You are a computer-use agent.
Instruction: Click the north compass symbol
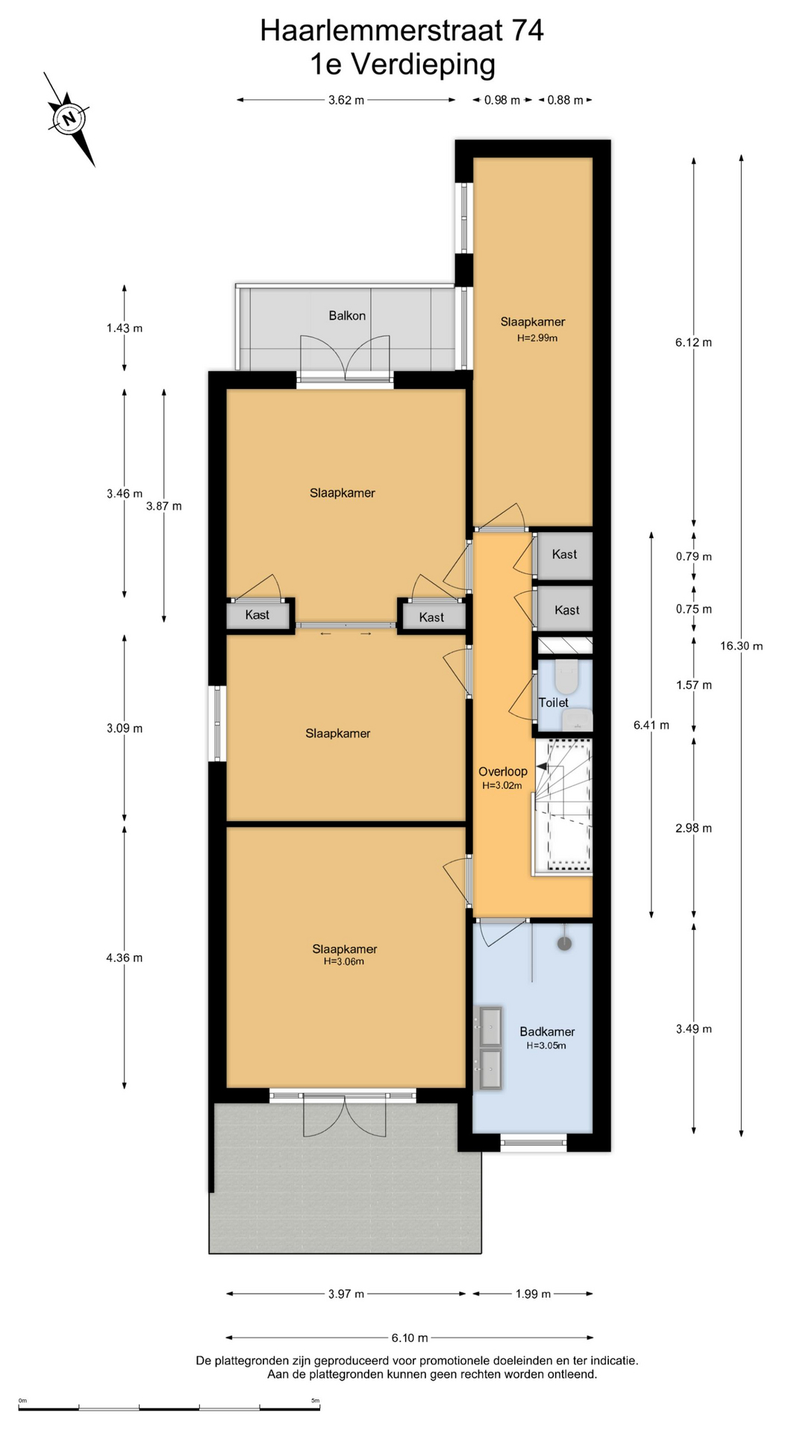tap(69, 118)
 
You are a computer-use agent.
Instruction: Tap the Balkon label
tap(347, 316)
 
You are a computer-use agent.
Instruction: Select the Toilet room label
tap(554, 702)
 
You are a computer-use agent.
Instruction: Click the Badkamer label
tap(547, 1031)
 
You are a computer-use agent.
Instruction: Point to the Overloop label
tap(503, 772)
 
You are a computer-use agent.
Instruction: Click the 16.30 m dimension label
tap(741, 646)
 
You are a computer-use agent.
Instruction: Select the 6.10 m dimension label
tap(410, 1337)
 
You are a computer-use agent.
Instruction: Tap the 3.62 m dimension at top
tap(346, 100)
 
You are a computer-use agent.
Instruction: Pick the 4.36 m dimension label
tap(125, 958)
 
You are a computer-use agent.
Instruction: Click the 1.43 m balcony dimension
tap(125, 328)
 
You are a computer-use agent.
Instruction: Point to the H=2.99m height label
tap(537, 338)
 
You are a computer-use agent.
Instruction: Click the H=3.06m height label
tap(344, 962)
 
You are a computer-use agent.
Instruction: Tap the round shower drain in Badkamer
tap(565, 943)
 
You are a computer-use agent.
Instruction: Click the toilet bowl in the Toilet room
tap(566, 676)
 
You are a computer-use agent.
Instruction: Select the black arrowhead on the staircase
tap(542, 767)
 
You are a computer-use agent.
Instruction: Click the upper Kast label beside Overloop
tap(564, 554)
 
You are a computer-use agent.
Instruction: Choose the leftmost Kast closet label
tap(257, 615)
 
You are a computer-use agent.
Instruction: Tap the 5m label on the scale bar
tap(316, 1400)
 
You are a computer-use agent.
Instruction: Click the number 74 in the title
tap(528, 31)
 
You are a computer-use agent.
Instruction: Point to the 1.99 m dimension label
tap(533, 1294)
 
